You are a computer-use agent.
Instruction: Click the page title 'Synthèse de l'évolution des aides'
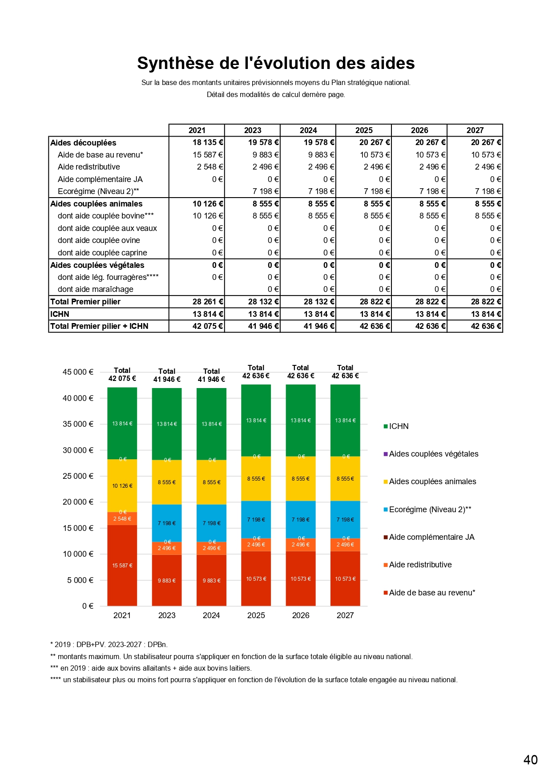pyautogui.click(x=276, y=63)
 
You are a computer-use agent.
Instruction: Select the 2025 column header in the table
pyautogui.click(x=364, y=130)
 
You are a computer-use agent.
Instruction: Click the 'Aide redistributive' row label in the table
pyautogui.click(x=89, y=167)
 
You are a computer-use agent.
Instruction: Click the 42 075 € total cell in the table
pyautogui.click(x=208, y=326)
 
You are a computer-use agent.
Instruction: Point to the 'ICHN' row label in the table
pyautogui.click(x=60, y=314)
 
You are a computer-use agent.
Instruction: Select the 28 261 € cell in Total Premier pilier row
pyautogui.click(x=208, y=302)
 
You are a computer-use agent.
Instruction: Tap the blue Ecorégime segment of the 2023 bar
pyautogui.click(x=167, y=523)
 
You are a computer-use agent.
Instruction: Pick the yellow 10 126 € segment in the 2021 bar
pyautogui.click(x=122, y=486)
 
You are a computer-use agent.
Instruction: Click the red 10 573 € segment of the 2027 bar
pyautogui.click(x=345, y=579)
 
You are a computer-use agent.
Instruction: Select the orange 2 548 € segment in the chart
pyautogui.click(x=122, y=519)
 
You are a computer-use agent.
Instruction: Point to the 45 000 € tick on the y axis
pyautogui.click(x=78, y=372)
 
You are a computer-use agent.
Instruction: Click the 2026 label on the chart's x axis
pyautogui.click(x=301, y=615)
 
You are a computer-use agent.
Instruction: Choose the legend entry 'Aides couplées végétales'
pyautogui.click(x=433, y=454)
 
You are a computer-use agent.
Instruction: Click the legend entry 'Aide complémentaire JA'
pyautogui.click(x=431, y=537)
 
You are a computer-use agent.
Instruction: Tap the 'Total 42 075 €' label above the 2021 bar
pyautogui.click(x=122, y=374)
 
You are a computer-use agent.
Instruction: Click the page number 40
pyautogui.click(x=530, y=760)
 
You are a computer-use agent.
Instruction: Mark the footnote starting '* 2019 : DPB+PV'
pyautogui.click(x=109, y=644)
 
